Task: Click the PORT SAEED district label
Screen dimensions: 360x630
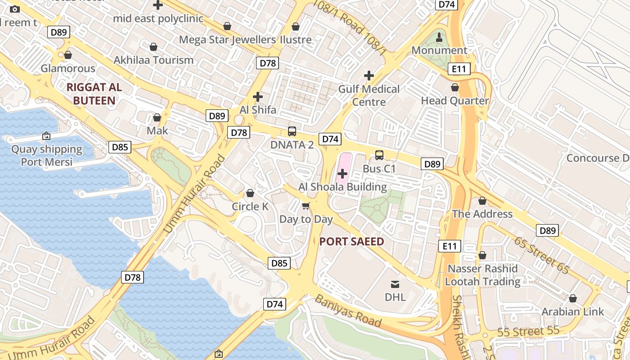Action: coord(351,242)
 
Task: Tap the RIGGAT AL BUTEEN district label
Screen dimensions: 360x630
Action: coord(94,94)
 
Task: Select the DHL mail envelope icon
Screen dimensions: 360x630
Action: coord(395,284)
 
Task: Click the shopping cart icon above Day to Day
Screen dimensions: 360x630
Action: coord(306,206)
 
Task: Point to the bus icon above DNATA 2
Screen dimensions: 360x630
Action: coord(292,131)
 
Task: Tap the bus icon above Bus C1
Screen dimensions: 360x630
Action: coord(379,155)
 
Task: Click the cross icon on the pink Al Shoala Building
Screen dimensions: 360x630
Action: coord(342,173)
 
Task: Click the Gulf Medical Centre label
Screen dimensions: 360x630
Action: coord(369,95)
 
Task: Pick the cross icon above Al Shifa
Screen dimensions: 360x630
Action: coord(257,96)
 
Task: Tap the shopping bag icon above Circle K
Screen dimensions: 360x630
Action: coord(250,193)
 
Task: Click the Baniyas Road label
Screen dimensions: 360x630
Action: coord(348,311)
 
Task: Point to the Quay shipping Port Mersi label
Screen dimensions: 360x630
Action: coord(47,156)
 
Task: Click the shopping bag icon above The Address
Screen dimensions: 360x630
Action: coord(482,201)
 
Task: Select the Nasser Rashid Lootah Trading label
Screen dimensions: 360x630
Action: coord(482,275)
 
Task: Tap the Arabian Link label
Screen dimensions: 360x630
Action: coord(572,311)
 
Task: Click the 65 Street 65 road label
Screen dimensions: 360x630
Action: coord(542,255)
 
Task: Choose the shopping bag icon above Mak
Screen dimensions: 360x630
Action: coord(157,117)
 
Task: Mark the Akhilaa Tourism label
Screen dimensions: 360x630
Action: coord(153,60)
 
